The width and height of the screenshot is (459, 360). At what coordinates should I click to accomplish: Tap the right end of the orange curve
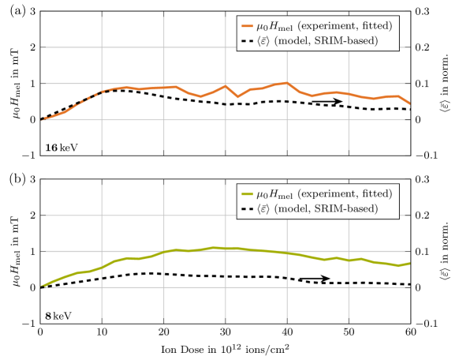pyautogui.click(x=409, y=103)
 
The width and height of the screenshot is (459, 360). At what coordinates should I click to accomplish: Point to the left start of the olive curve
pyautogui.click(x=42, y=286)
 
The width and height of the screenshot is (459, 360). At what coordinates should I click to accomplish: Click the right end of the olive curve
pyautogui.click(x=409, y=263)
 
